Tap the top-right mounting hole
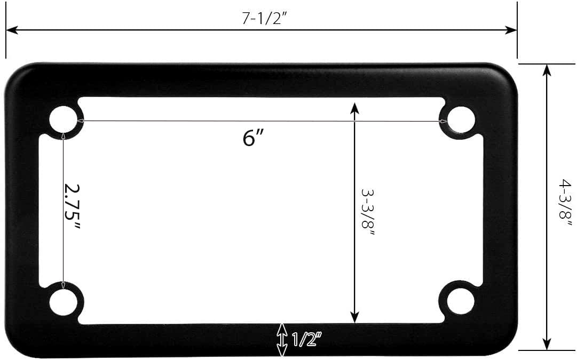coord(460,119)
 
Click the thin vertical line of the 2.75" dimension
coord(64,176)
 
